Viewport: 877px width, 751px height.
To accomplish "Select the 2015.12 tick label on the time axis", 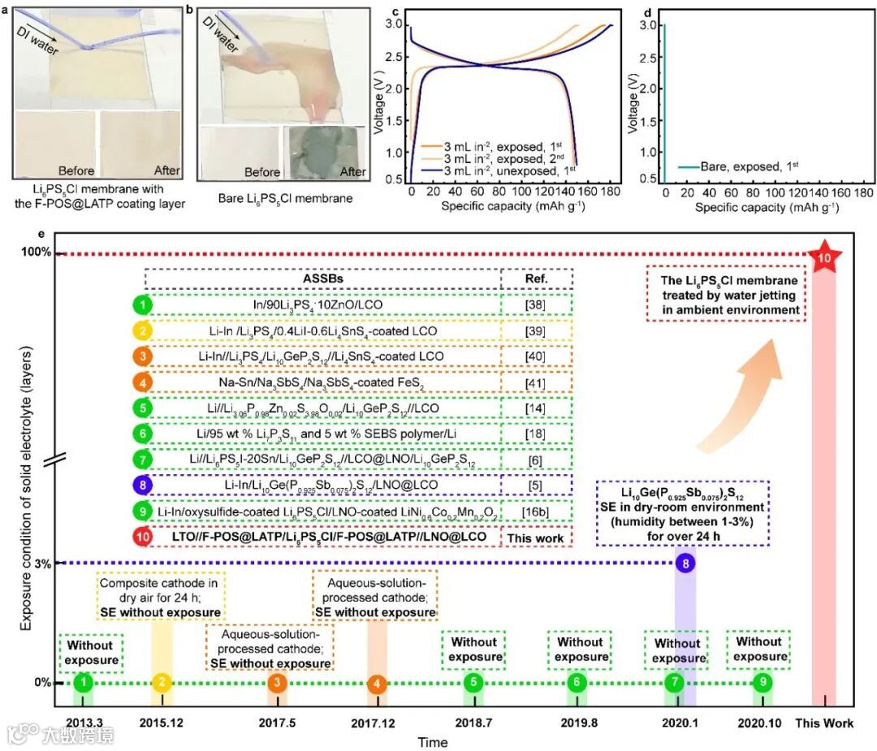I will tap(165, 720).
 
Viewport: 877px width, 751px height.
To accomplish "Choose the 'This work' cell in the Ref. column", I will tap(529, 537).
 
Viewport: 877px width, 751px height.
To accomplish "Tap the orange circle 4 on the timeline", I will tap(378, 683).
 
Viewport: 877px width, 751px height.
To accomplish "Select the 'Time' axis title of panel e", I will tap(432, 742).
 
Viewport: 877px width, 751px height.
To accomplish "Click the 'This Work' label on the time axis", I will tap(823, 720).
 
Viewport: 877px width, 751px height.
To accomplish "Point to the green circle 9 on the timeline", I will tap(762, 683).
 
